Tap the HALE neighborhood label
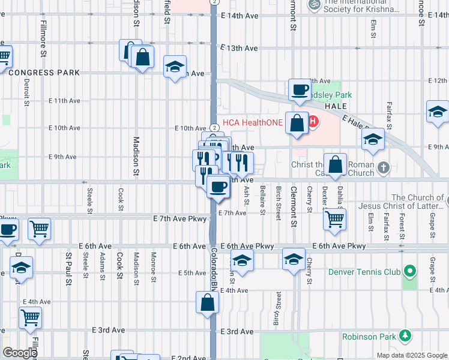336,106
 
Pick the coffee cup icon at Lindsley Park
299,91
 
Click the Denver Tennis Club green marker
410,272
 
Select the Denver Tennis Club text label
364,272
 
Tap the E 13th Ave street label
239,48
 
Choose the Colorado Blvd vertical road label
213,270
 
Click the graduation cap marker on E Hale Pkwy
373,140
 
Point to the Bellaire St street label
263,200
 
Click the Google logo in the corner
19,353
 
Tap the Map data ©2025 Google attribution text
412,355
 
